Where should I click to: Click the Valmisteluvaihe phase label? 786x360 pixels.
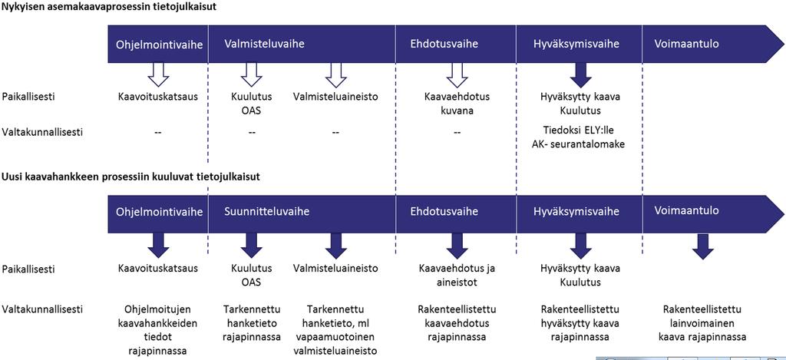click(x=257, y=44)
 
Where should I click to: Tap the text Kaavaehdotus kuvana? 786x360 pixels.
click(x=457, y=104)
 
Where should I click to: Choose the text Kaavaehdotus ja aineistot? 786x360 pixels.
click(x=457, y=276)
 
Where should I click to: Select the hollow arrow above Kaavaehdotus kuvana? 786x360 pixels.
click(x=457, y=74)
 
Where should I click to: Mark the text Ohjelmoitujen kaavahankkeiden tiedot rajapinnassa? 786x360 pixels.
click(x=158, y=329)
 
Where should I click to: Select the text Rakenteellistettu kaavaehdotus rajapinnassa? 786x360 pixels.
click(x=457, y=322)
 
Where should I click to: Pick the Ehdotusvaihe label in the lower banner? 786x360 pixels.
click(x=444, y=211)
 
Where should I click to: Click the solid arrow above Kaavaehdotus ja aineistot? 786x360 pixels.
click(x=457, y=246)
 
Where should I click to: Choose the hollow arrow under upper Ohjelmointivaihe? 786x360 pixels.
click(x=158, y=74)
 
